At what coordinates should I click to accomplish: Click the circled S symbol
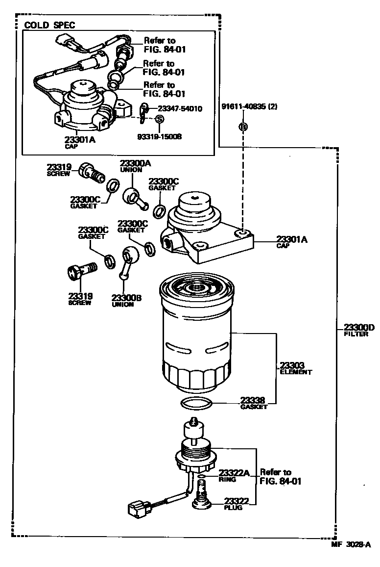click(x=159, y=119)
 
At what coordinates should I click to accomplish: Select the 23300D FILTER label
click(x=358, y=330)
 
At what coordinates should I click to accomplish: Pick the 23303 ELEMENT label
click(x=295, y=368)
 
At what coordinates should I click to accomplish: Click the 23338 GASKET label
click(x=254, y=403)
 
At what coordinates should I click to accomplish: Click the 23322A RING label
click(x=233, y=475)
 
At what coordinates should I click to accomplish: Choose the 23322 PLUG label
click(x=237, y=503)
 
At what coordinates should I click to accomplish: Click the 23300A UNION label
click(x=131, y=166)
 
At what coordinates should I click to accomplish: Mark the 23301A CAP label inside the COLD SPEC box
click(x=79, y=142)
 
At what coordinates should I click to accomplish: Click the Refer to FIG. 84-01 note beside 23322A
click(x=280, y=477)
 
